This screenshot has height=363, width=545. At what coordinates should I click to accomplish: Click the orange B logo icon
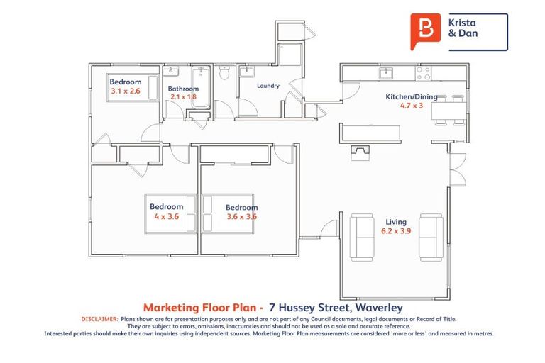(426, 31)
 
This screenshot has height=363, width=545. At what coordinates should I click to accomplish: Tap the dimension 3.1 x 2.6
(126, 91)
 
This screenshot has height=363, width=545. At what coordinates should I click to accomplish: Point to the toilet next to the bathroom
(224, 73)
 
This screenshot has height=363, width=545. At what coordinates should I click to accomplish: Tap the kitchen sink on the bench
(387, 72)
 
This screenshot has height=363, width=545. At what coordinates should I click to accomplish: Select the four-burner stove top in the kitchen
(423, 72)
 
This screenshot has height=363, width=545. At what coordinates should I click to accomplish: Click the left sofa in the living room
(363, 235)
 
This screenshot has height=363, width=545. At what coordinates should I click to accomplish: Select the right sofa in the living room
(431, 235)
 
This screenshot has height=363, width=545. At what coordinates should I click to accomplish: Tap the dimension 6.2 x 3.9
(396, 231)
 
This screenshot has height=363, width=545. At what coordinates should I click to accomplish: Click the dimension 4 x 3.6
(166, 216)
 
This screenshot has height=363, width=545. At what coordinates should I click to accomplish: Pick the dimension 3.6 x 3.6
(241, 217)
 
